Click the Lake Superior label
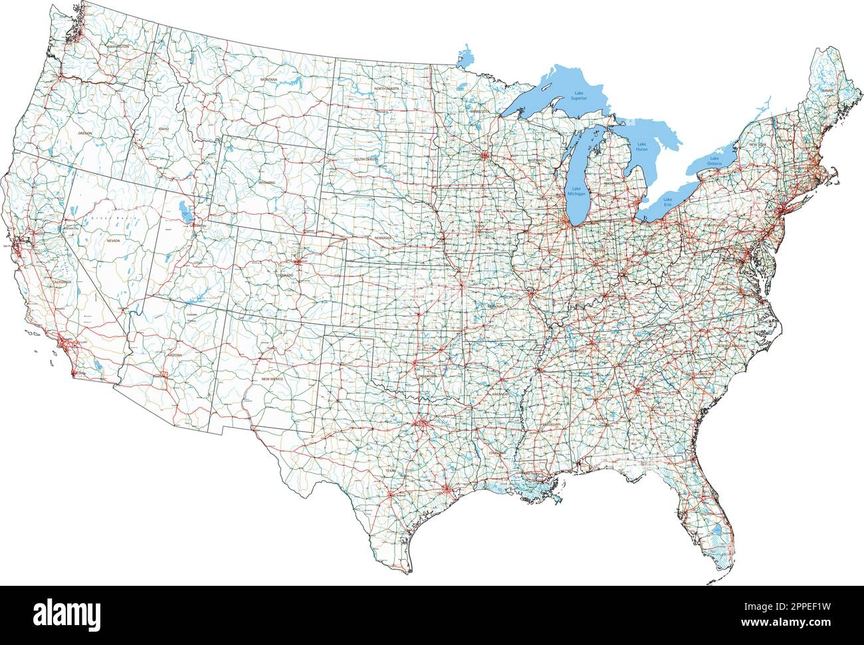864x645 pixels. point(580,95)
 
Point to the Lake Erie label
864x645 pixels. point(667,201)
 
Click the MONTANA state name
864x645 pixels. point(269,80)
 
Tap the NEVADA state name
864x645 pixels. point(113,241)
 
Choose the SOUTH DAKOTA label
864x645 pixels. point(366,160)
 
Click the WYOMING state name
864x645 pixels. point(267,182)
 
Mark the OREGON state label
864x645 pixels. point(85,134)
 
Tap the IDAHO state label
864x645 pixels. point(163,128)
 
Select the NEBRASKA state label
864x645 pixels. point(383,237)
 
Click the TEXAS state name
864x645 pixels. point(389,471)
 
